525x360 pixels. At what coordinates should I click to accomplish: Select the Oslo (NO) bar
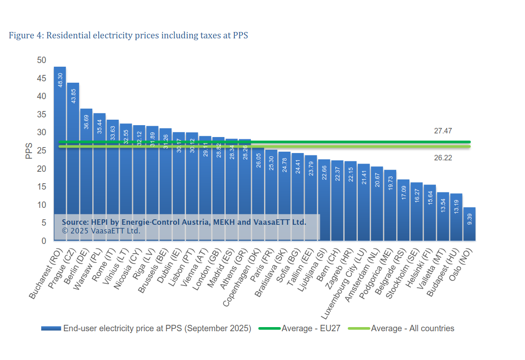tap(469, 224)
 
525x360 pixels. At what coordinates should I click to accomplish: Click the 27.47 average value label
tap(443, 131)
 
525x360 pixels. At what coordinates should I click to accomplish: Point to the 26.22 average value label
tap(443, 158)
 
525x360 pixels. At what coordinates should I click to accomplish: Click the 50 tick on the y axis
tap(42, 60)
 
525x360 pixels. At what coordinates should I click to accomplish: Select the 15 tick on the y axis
tap(42, 187)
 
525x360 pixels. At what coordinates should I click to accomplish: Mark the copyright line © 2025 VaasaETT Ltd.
tap(101, 231)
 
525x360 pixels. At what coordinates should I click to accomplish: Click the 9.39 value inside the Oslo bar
tap(469, 218)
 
